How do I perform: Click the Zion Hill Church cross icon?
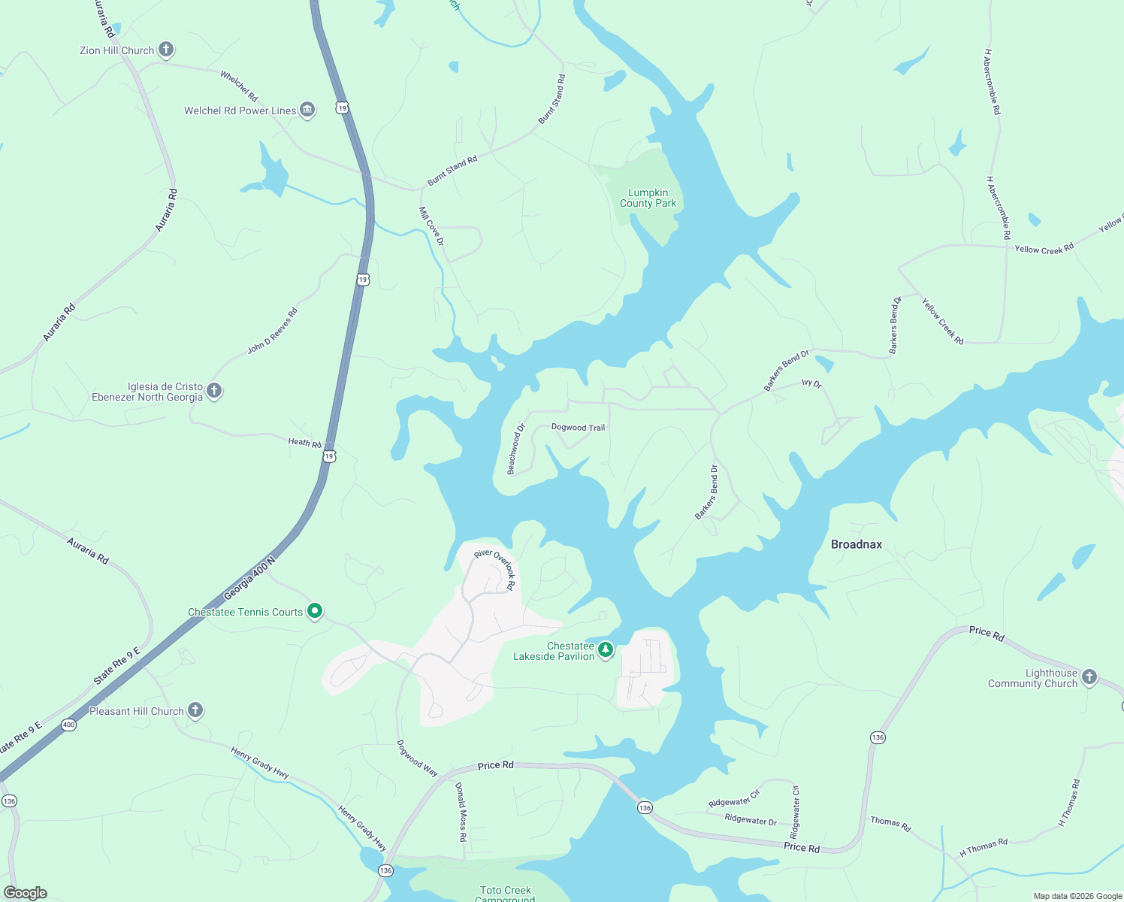(166, 50)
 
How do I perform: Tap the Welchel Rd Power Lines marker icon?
(307, 110)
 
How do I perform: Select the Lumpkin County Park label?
(648, 198)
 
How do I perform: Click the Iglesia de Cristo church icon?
(214, 391)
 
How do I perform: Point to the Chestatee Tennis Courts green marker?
(316, 612)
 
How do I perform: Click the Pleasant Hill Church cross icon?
(195, 710)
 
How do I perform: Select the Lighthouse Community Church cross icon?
(1089, 677)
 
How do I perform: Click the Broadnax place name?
(856, 544)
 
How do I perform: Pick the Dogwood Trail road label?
(578, 428)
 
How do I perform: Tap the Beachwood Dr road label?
(515, 449)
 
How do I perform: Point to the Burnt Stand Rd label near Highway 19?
(452, 171)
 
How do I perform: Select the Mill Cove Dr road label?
(431, 226)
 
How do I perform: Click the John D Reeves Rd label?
(273, 331)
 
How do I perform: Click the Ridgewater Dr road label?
(751, 819)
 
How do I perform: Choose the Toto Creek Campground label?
(506, 893)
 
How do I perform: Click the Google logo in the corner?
(26, 892)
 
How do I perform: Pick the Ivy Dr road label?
(811, 383)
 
